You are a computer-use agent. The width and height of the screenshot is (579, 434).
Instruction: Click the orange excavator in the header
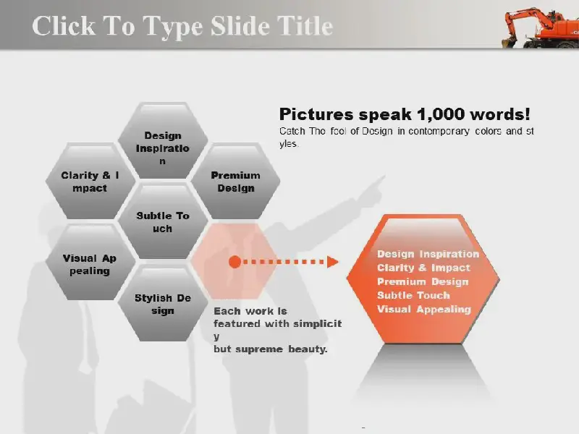540,28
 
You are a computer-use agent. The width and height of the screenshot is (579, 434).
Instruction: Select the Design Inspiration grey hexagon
162,140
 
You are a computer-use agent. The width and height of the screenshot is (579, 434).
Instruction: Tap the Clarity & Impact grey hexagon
90,182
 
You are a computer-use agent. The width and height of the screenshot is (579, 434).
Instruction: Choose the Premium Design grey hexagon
235,182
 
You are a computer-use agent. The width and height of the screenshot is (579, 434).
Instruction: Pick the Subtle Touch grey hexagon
162,221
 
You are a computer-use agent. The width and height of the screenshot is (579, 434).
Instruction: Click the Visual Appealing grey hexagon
90,263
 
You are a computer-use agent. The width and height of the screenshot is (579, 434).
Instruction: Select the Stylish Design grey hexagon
162,303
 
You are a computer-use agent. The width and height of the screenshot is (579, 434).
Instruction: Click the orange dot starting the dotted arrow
234,262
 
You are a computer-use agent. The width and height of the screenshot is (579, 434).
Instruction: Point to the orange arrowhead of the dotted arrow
333,262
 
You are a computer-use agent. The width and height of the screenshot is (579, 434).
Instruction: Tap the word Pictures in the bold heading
316,114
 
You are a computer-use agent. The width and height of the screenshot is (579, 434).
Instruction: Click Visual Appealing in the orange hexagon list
424,310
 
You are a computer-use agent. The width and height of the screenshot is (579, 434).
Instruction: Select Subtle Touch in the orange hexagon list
413,295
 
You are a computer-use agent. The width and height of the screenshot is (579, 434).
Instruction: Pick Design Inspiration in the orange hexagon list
428,254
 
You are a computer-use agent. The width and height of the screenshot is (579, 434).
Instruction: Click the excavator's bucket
509,41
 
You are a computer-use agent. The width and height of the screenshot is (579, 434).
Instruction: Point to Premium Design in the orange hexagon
423,281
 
